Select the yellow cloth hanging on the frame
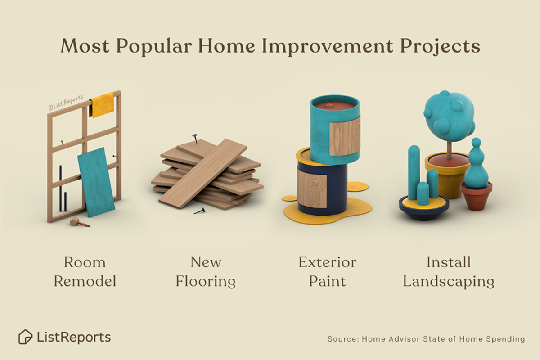(x=103, y=104)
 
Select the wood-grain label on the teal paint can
(x=345, y=135)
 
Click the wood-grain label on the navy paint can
(x=312, y=188)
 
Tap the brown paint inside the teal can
(x=334, y=106)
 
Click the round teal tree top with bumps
(x=449, y=115)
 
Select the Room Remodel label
(x=85, y=272)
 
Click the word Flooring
(x=206, y=282)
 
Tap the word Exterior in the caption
(x=327, y=262)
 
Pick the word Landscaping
(x=448, y=282)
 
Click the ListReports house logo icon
(x=25, y=337)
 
